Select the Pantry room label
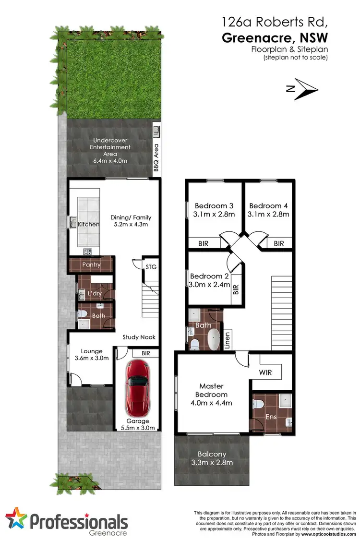coord(91,264)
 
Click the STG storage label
coord(151,267)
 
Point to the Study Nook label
coord(139,337)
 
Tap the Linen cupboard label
coord(228,339)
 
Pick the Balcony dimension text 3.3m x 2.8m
coord(212,463)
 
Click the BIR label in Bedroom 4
coord(279,243)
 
